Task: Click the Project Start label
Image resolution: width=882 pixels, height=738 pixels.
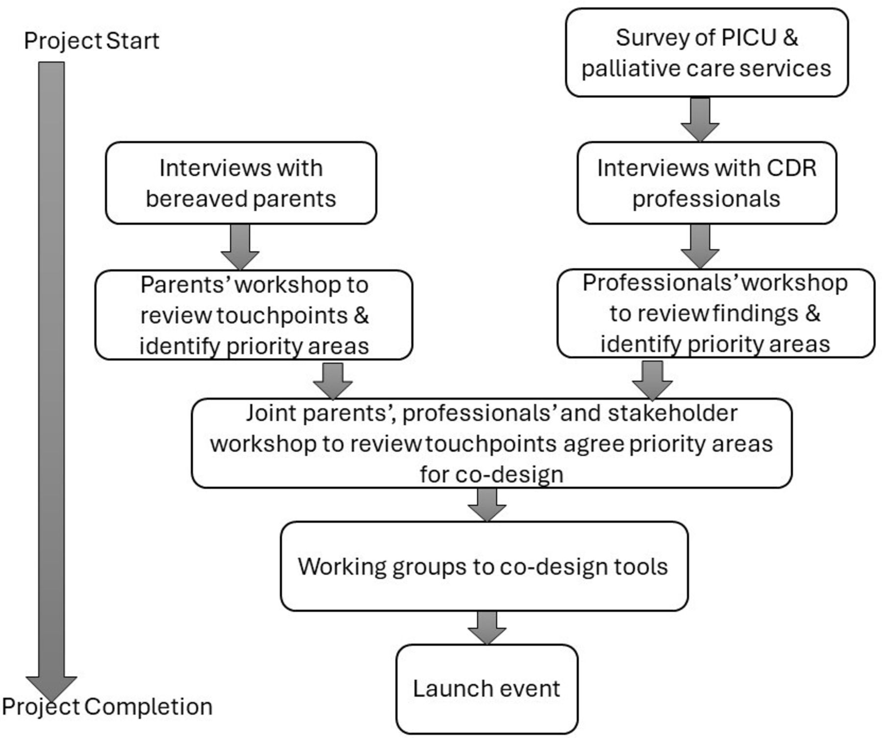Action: coord(92,41)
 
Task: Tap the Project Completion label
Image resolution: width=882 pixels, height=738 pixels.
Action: coord(107,707)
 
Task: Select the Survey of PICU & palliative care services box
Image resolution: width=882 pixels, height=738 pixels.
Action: coord(707,52)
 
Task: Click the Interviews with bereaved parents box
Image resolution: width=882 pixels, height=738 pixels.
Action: coord(241,183)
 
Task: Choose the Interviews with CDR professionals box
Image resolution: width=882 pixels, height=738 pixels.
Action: coord(707,183)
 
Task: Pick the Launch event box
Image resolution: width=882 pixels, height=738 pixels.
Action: coord(487,689)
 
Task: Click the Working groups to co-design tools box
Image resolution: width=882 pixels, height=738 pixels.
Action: coord(484,566)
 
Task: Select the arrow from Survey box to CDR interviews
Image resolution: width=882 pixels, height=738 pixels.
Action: coord(700,120)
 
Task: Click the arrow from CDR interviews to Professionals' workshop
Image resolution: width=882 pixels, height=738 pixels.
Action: coord(700,246)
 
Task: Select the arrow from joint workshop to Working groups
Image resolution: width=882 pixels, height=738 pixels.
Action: coord(487,505)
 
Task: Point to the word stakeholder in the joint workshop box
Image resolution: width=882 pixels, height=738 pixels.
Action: coord(672,413)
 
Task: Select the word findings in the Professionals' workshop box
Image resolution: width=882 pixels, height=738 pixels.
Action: coord(755,314)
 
